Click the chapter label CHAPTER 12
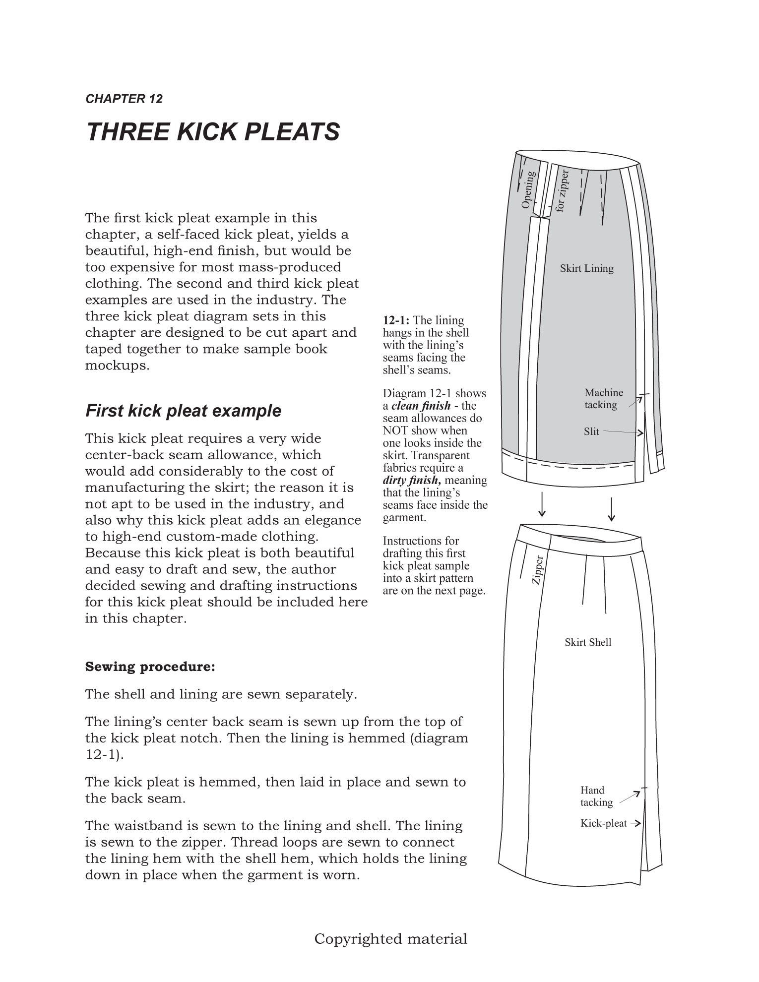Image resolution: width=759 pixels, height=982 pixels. (x=124, y=99)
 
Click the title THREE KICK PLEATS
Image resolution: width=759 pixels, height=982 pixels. (x=213, y=131)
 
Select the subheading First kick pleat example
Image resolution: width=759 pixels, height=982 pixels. (x=183, y=411)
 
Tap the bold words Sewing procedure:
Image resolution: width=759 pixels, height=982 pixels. (x=150, y=667)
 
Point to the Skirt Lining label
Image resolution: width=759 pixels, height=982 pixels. (x=586, y=268)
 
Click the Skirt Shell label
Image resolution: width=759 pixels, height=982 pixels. (x=588, y=642)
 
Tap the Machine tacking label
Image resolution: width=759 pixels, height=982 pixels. (x=603, y=399)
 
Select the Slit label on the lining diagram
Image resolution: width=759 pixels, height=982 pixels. (x=591, y=431)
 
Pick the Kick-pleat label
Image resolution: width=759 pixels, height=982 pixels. (x=604, y=823)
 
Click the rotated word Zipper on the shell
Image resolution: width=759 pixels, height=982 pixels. (x=538, y=570)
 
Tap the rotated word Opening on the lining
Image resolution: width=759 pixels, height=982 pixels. (x=528, y=189)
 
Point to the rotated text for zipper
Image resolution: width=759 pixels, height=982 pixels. (x=562, y=191)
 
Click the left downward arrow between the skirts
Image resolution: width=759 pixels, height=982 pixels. (x=542, y=505)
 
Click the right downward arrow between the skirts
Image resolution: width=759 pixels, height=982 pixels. (x=612, y=509)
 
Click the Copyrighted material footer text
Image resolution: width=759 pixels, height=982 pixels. (x=391, y=939)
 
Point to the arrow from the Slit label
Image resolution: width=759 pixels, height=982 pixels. (x=623, y=432)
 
